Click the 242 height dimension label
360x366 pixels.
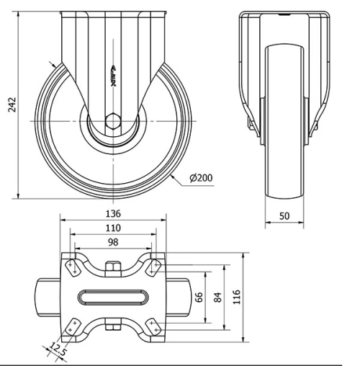[9, 106]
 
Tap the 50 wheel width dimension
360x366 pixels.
[284, 216]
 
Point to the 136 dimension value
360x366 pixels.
[113, 214]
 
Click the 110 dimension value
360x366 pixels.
[113, 228]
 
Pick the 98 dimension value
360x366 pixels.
[113, 241]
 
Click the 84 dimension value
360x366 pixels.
[217, 298]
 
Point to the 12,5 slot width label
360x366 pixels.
[55, 351]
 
